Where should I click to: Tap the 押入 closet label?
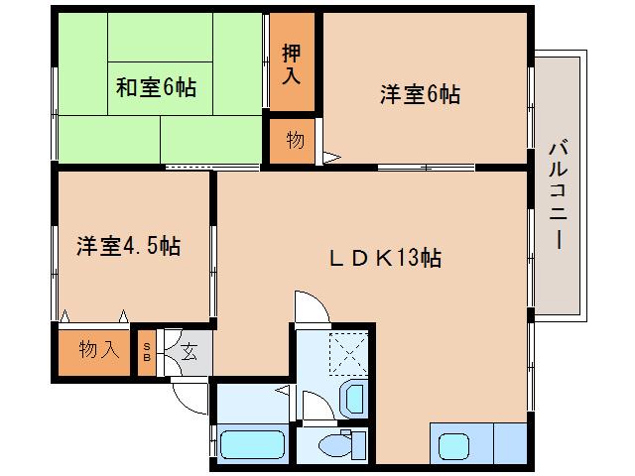pyautogui.click(x=291, y=62)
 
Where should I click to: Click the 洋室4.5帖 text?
pyautogui.click(x=128, y=246)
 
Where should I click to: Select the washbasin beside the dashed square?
pyautogui.click(x=352, y=400)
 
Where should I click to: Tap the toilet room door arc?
pyautogui.click(x=316, y=405)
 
